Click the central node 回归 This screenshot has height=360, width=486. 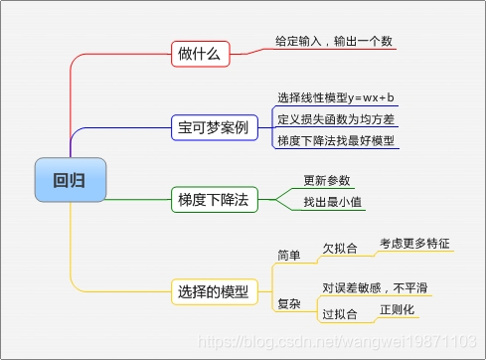click(68, 180)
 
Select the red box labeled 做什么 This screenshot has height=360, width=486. click(200, 54)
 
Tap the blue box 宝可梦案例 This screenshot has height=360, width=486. click(213, 127)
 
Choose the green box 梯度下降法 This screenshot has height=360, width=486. click(213, 199)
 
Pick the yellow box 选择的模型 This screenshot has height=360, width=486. click(213, 292)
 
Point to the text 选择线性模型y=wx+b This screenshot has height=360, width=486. click(336, 96)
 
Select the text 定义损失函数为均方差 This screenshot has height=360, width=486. click(336, 118)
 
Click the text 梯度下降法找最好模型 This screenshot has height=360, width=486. click(336, 140)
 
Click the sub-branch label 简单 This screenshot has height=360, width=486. click(289, 255)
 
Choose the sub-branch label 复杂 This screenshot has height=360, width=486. click(289, 302)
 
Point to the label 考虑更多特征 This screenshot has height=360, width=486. click(414, 244)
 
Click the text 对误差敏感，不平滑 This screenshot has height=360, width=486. click(375, 287)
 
